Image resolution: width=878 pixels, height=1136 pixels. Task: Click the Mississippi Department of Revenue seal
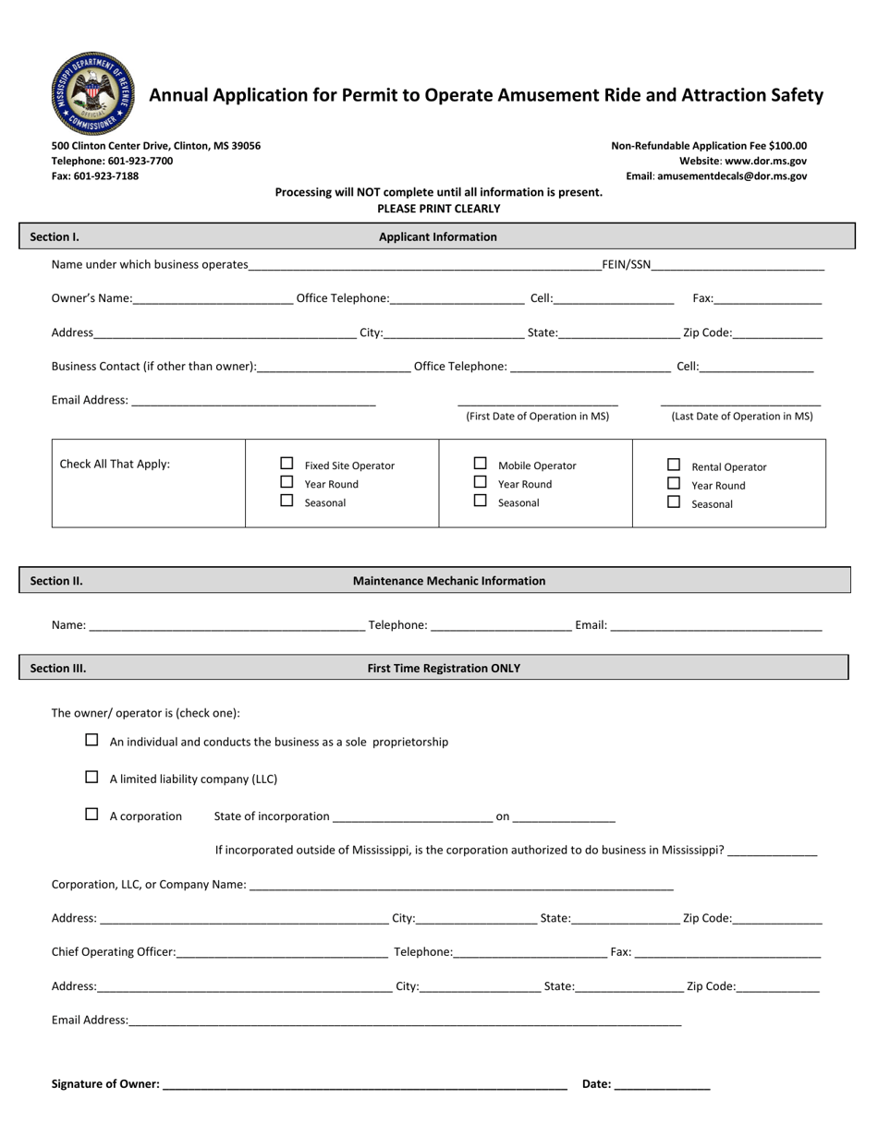point(92,93)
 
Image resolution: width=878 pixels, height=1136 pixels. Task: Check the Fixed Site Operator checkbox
point(287,464)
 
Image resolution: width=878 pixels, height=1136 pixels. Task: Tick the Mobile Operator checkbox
point(480,464)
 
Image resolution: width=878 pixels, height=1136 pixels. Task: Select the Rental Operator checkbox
point(674,465)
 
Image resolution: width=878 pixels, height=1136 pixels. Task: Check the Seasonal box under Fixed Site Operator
point(287,501)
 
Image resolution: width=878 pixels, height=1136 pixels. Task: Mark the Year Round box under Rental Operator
point(674,483)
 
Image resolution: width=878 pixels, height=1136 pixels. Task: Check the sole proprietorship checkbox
point(91,740)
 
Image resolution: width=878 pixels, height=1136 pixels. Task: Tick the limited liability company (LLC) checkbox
point(91,777)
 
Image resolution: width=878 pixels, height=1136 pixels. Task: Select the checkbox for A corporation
point(91,814)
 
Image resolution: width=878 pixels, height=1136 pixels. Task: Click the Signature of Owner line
point(364,1085)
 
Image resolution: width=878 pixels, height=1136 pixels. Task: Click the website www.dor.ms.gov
point(765,161)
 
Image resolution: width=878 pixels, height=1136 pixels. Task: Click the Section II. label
point(56,581)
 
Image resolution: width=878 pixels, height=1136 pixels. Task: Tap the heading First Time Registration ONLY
point(444,668)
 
